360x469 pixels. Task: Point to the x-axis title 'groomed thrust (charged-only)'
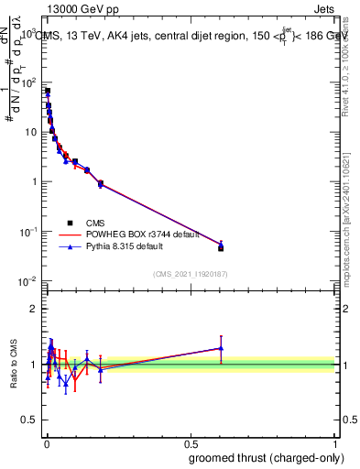click(x=266, y=457)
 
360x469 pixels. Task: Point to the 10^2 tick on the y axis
click(x=29, y=82)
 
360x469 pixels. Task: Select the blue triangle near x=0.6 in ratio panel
click(x=221, y=348)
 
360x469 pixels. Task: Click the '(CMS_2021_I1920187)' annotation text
click(x=190, y=274)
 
